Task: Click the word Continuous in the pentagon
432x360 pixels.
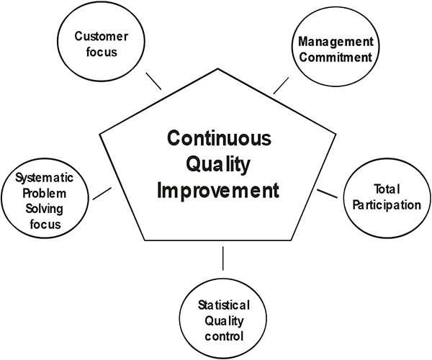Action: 219,138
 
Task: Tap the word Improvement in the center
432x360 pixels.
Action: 218,190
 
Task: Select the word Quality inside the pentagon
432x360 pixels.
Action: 218,165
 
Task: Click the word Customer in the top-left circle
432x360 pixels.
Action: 101,36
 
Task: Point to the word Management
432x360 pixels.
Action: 336,42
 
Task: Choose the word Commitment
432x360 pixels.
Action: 336,58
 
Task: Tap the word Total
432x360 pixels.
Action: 387,189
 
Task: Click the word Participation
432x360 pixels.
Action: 387,205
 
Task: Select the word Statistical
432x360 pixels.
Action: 224,305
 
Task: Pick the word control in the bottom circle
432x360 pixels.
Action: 224,336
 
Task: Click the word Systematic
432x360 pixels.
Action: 45,179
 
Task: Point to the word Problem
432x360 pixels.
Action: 45,194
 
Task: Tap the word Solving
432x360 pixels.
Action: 45,209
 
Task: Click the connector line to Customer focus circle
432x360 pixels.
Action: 153,81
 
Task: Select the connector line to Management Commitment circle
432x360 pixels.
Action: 281,86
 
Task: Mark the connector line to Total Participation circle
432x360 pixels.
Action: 327,194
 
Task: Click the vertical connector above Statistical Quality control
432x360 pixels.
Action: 223,258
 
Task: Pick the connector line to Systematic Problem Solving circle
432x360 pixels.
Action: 102,194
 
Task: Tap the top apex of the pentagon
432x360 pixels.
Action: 218,68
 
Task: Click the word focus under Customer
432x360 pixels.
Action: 102,52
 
